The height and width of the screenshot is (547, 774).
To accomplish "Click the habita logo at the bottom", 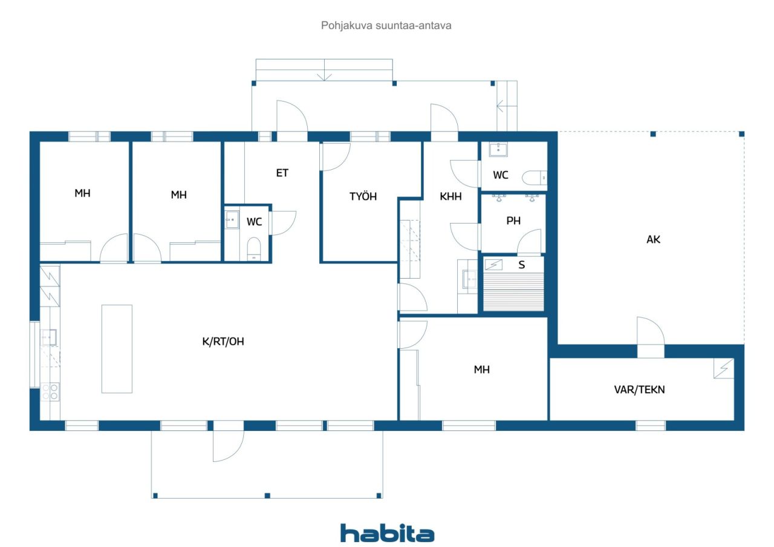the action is coord(387,534).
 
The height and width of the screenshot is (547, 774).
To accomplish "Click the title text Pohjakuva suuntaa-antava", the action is coord(386,25).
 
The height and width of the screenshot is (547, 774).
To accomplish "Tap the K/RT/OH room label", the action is coord(223,341).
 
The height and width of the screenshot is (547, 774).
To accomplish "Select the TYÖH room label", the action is coord(363,196).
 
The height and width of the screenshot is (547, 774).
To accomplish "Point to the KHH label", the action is coord(450,196).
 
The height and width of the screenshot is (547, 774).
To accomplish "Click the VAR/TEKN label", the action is coord(639,389).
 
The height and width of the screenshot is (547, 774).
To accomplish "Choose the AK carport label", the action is coord(653,239).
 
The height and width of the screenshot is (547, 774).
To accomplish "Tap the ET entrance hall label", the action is coord(282,173).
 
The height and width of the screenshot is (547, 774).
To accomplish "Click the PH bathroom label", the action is coord(513,221).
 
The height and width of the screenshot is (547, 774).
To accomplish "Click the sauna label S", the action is coord(522,265).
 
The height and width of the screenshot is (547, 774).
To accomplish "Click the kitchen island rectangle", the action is coord(117,349).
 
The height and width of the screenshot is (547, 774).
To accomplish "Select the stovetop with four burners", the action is coord(50,392).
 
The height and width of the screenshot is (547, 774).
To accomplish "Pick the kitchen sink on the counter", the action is coord(49,337).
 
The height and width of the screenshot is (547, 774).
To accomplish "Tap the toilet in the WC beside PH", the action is coord(534,178).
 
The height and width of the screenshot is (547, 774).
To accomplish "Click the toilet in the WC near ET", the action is coord(254,248).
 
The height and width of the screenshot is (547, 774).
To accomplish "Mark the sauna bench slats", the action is coord(513,291).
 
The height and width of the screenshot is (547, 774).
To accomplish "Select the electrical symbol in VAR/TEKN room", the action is coord(724,369).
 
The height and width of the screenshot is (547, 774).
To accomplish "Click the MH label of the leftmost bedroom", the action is coord(83,193).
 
